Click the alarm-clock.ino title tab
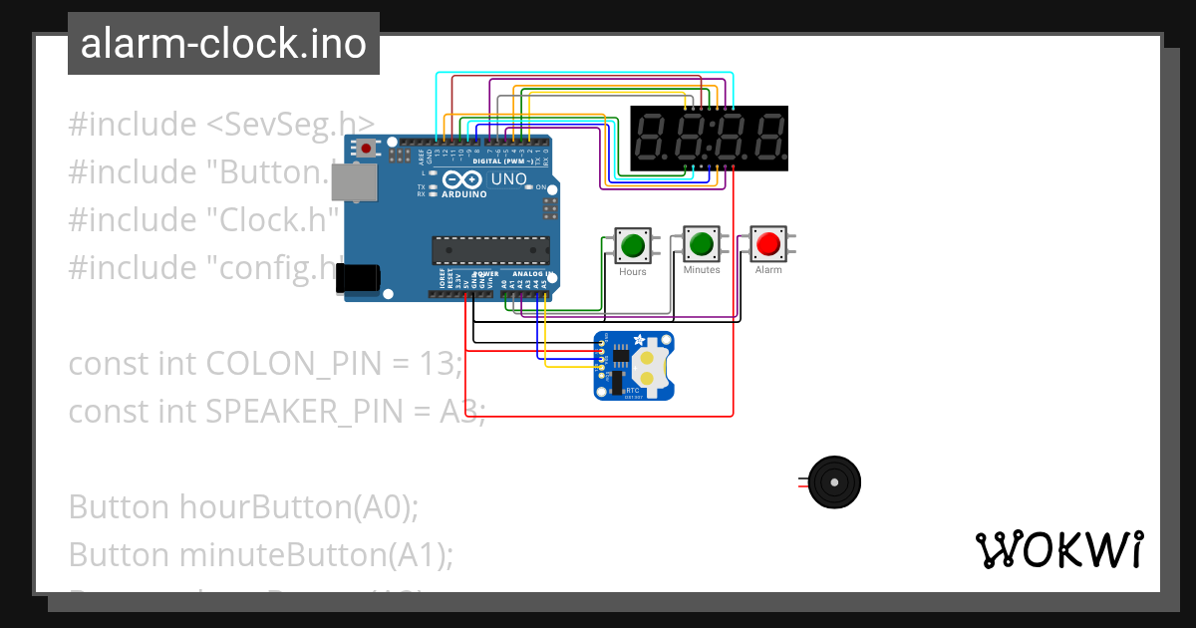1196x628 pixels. [223, 44]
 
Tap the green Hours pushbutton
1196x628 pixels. [632, 244]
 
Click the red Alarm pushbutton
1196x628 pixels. [767, 243]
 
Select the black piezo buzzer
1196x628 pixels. [833, 482]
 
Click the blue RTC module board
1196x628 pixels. [634, 365]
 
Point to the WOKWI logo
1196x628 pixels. [1058, 549]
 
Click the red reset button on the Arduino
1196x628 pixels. [367, 149]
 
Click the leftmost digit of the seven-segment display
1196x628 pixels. [652, 138]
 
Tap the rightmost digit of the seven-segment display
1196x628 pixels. [765, 138]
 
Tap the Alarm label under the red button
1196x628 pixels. [768, 270]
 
